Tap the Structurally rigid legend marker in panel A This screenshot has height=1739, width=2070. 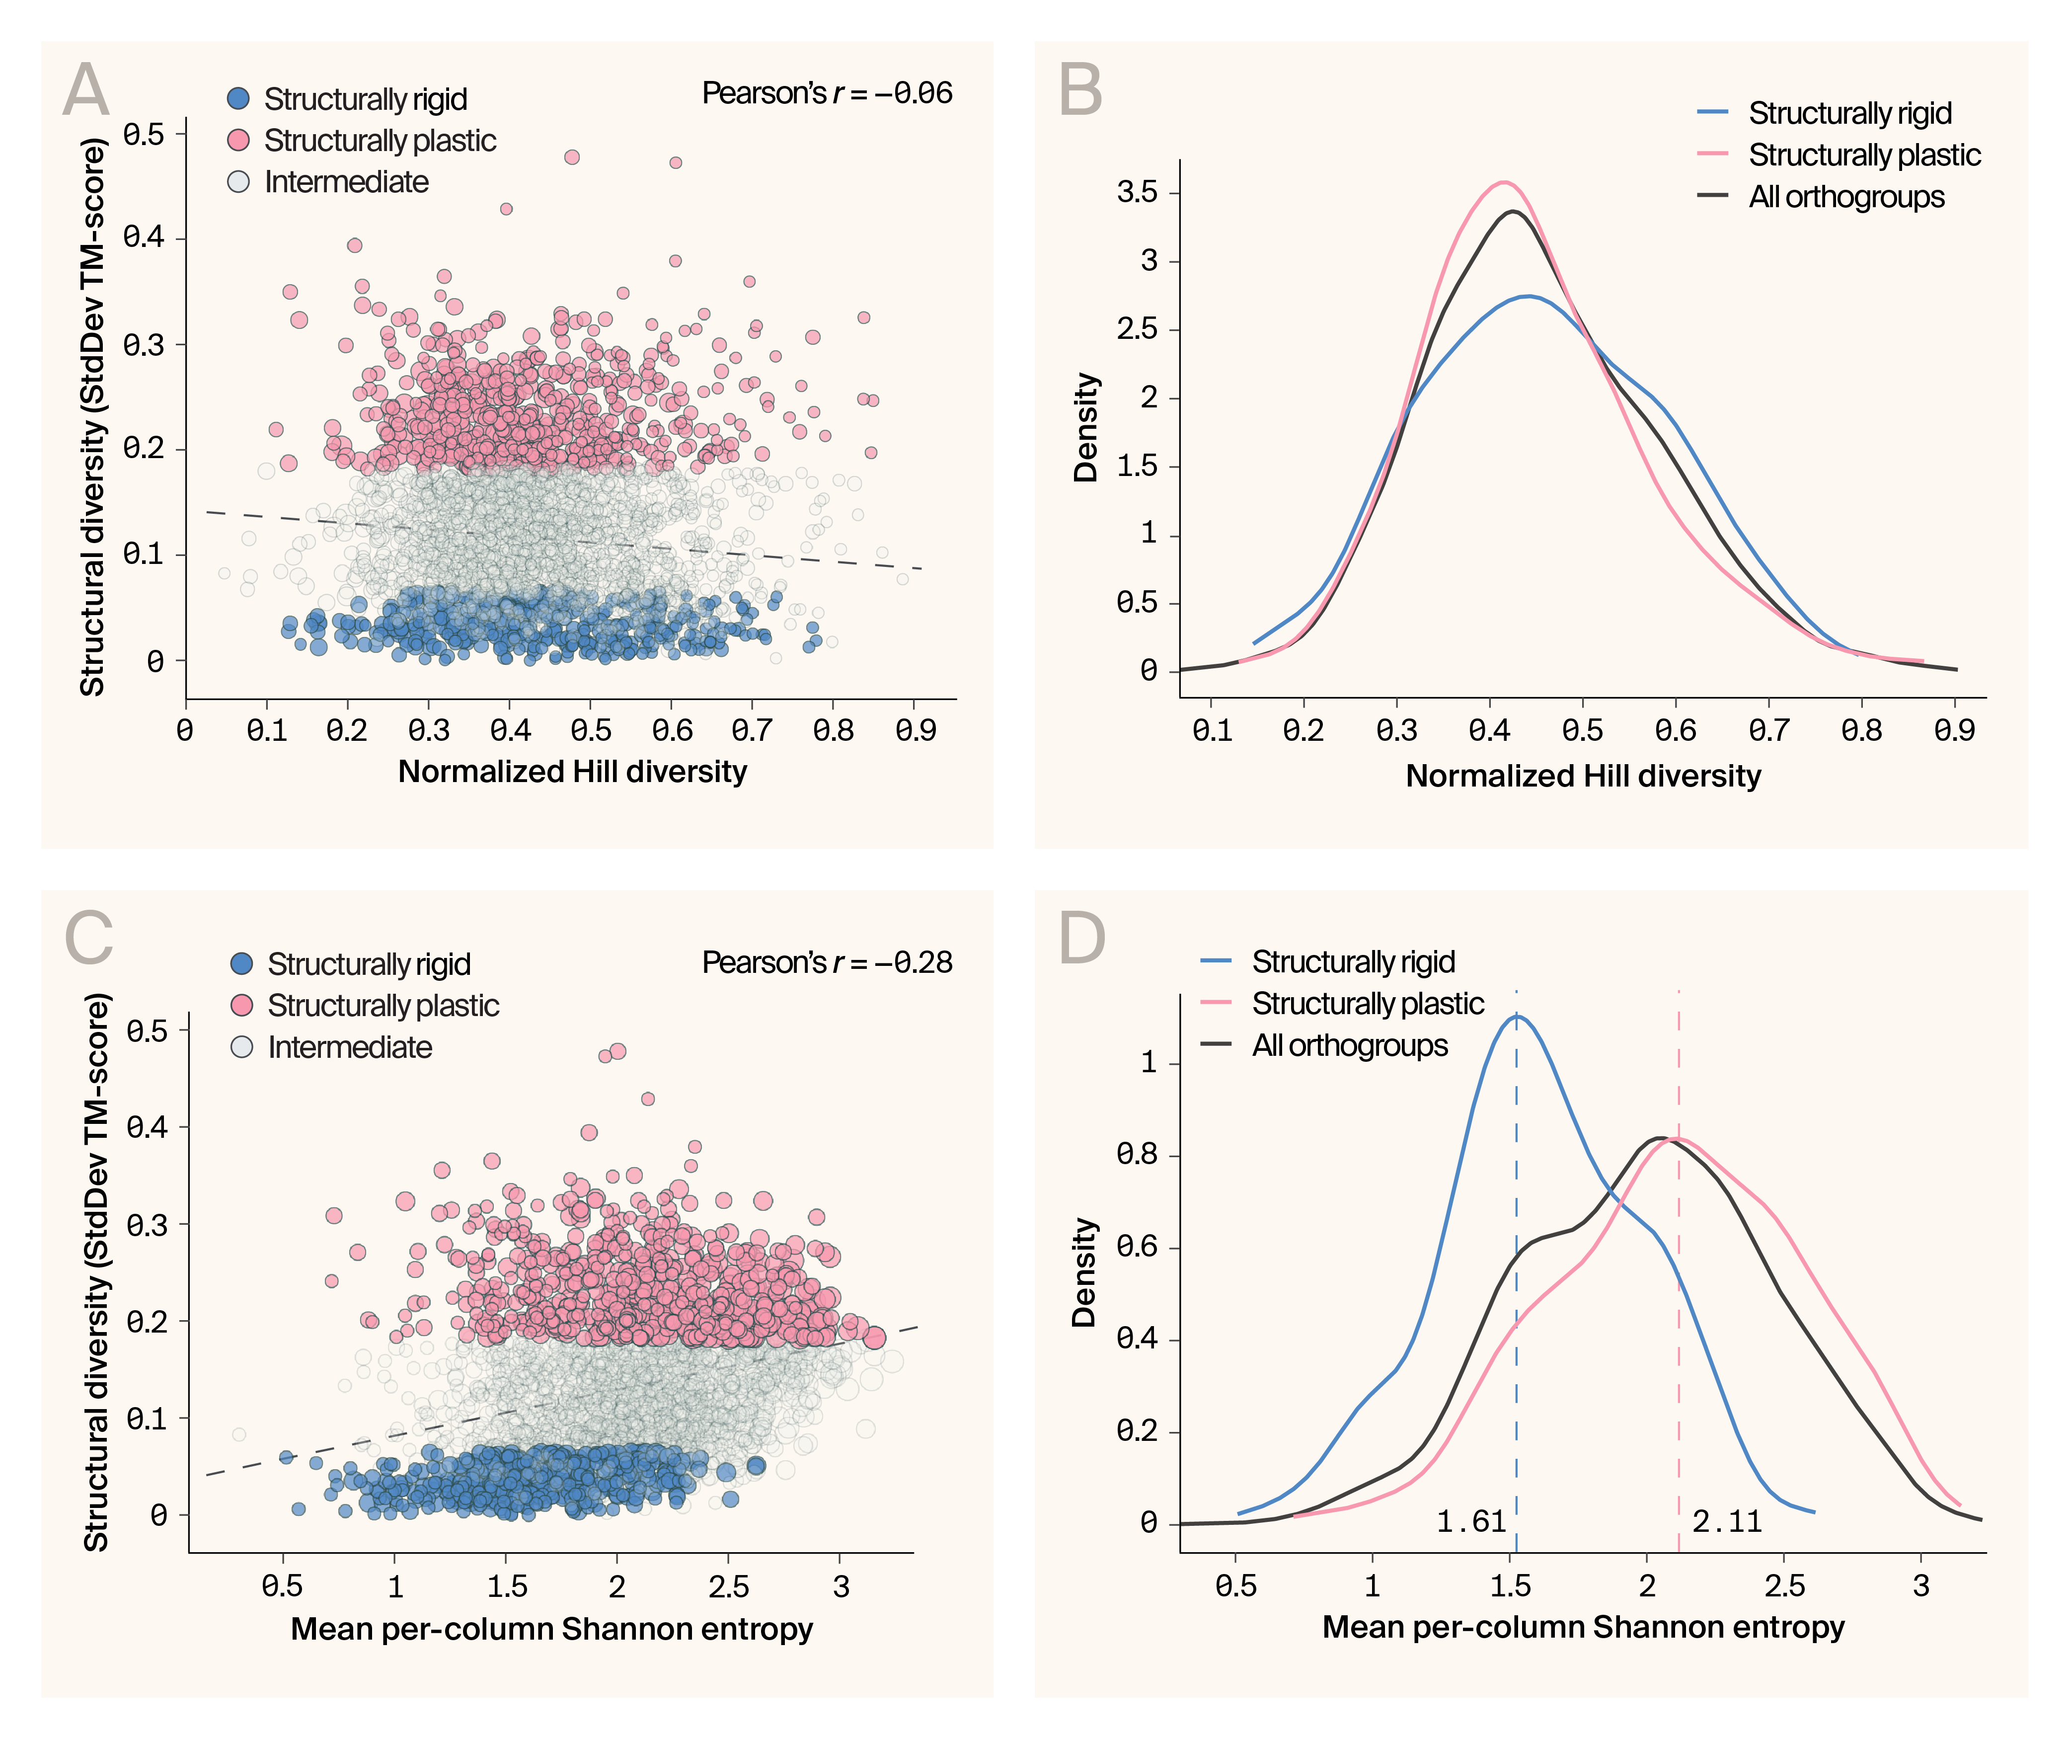tap(238, 98)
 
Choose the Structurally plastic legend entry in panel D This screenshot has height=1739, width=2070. tap(1367, 1004)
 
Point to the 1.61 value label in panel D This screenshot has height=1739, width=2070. tap(1471, 1522)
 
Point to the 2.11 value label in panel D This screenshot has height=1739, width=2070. tap(1727, 1522)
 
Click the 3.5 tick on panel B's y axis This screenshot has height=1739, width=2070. tap(1137, 192)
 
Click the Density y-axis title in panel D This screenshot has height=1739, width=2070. tap(1084, 1272)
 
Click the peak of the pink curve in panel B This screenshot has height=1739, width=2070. tap(1502, 182)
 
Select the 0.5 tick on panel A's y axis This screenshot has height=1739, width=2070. tap(144, 134)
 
